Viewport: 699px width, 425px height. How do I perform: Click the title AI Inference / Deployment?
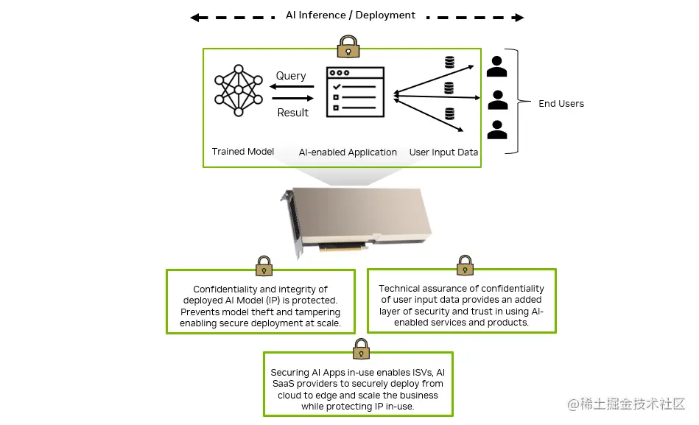tap(350, 15)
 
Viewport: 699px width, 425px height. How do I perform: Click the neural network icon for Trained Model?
tap(238, 91)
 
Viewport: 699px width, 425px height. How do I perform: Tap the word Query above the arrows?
tap(291, 76)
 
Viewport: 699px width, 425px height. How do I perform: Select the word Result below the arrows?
tap(292, 113)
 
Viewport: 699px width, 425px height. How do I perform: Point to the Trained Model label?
tap(243, 152)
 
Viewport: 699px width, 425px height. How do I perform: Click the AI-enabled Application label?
tap(348, 152)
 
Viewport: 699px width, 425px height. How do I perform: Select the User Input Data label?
tap(443, 152)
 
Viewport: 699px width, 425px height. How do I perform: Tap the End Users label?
tap(561, 104)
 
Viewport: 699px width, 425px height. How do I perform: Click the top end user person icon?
tap(497, 66)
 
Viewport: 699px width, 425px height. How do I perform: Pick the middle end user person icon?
tap(498, 99)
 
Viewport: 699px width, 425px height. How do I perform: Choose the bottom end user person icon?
tap(497, 130)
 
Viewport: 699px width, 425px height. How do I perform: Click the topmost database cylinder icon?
tap(449, 63)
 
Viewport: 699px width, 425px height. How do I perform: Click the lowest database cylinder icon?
tap(449, 113)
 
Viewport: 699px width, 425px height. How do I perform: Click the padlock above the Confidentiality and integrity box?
tap(264, 266)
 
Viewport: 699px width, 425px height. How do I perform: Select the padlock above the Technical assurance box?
tap(465, 265)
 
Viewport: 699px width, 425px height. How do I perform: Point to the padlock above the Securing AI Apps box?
tap(361, 349)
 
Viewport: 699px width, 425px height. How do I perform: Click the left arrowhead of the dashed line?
tap(194, 18)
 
